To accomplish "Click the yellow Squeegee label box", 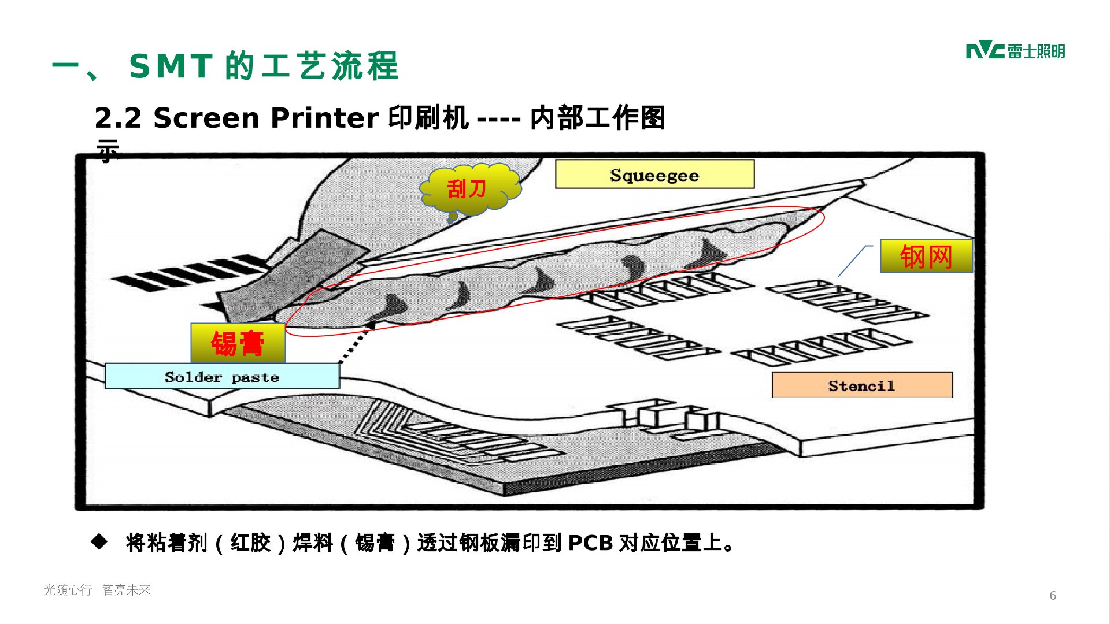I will pos(654,174).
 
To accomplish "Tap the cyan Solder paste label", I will pos(222,377).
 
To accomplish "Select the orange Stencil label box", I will pos(861,385).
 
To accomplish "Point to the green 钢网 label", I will pos(926,256).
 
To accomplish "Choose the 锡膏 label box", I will pos(238,343).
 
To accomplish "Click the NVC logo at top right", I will pos(1015,51).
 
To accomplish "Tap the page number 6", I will pos(1053,596).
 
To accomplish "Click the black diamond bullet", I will pos(99,542).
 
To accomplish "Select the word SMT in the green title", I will pos(171,66).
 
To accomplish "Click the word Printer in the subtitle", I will pos(324,118).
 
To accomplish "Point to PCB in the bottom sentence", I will pos(590,543).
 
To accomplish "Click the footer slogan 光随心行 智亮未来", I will pos(97,590).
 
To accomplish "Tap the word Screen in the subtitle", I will pos(206,118).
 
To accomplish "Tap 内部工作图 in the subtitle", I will pos(597,118).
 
